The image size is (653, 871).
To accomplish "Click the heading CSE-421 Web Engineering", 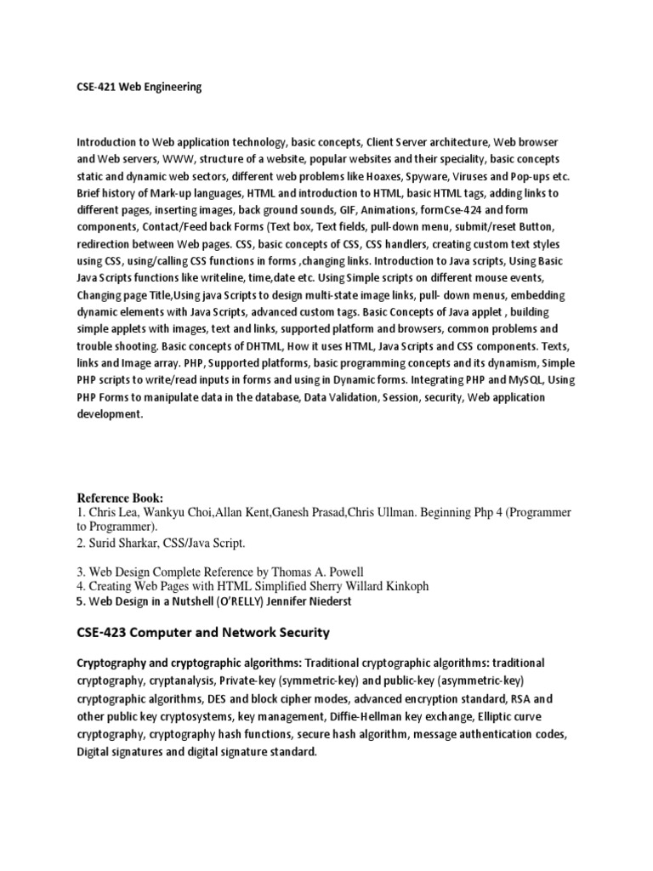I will (x=139, y=87).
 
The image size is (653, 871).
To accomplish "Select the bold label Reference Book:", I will (x=120, y=498).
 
